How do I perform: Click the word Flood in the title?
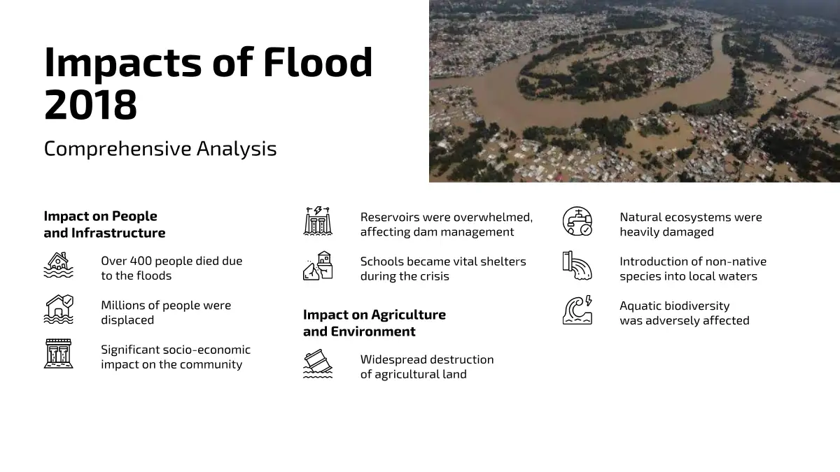tap(318, 62)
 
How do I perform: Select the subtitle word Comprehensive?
tap(118, 150)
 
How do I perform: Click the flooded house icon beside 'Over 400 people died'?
tap(59, 265)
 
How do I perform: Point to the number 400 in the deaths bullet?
tap(141, 261)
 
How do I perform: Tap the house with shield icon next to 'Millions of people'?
tap(59, 309)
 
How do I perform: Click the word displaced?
tap(127, 320)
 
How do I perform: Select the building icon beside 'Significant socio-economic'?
tap(59, 354)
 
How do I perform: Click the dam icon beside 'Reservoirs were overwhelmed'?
tap(318, 221)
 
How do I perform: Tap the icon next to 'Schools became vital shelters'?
tap(318, 266)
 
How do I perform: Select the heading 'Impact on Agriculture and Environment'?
tap(374, 323)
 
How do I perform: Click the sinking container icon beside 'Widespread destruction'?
tap(318, 364)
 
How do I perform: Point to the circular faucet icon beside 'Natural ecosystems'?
tap(577, 221)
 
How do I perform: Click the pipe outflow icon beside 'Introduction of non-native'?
tap(577, 266)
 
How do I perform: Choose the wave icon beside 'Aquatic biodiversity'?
tap(577, 310)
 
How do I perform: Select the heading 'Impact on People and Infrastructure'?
tap(104, 224)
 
